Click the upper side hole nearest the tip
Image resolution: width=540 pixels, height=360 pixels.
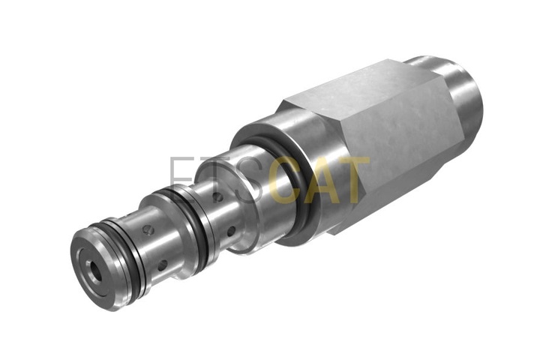coord(148,230)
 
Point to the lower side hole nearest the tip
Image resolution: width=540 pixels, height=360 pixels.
coord(162,265)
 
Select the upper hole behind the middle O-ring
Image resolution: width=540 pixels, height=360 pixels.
coord(218,197)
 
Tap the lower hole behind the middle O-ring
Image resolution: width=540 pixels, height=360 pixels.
coord(231,232)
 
